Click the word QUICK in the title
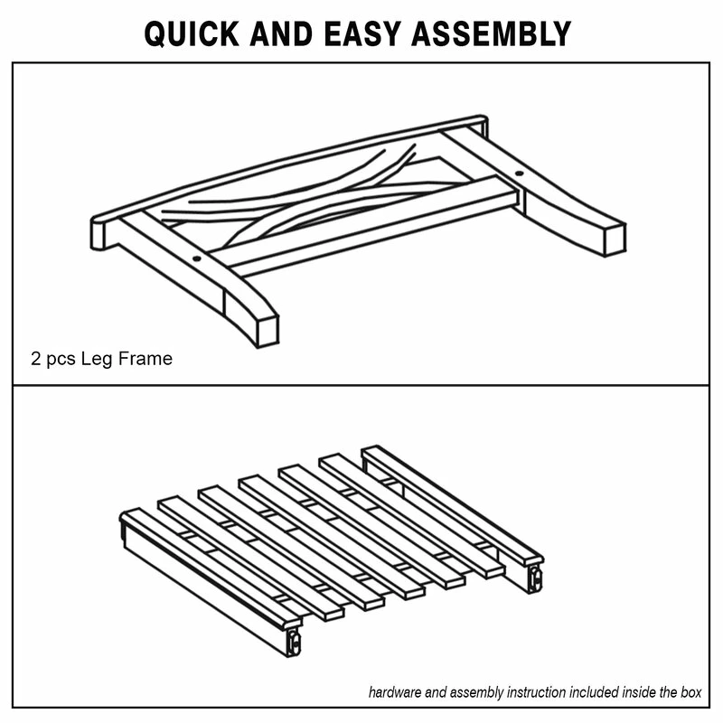192,34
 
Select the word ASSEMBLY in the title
491,33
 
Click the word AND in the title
281,33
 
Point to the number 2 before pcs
35,359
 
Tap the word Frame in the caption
146,359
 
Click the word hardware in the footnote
395,692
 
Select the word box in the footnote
690,692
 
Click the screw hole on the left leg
196,258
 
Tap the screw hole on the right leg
519,174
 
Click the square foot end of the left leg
268,331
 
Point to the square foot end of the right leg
615,240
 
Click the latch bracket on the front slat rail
294,643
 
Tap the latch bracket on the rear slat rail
535,578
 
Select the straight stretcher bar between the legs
364,227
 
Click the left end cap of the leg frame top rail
98,233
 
